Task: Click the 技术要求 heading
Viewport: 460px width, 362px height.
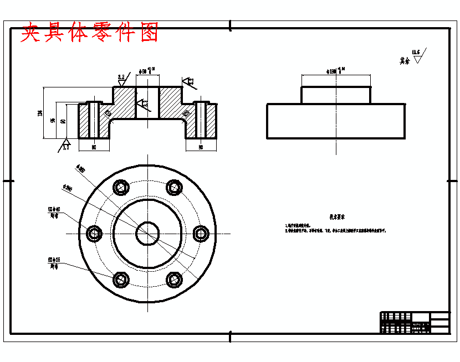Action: click(337, 218)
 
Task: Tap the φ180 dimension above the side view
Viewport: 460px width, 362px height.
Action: click(336, 70)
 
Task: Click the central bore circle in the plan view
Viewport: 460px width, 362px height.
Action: click(147, 233)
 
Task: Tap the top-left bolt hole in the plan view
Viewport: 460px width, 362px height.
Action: click(120, 187)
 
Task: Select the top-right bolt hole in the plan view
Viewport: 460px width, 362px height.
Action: click(175, 187)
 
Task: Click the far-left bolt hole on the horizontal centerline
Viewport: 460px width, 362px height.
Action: click(94, 234)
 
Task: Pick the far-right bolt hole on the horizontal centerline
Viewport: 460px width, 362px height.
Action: click(201, 234)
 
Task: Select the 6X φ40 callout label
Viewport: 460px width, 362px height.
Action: click(54, 212)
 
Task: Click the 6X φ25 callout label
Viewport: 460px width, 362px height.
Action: click(54, 262)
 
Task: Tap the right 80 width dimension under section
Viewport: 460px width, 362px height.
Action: click(200, 147)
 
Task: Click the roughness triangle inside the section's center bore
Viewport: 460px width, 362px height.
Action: click(142, 103)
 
